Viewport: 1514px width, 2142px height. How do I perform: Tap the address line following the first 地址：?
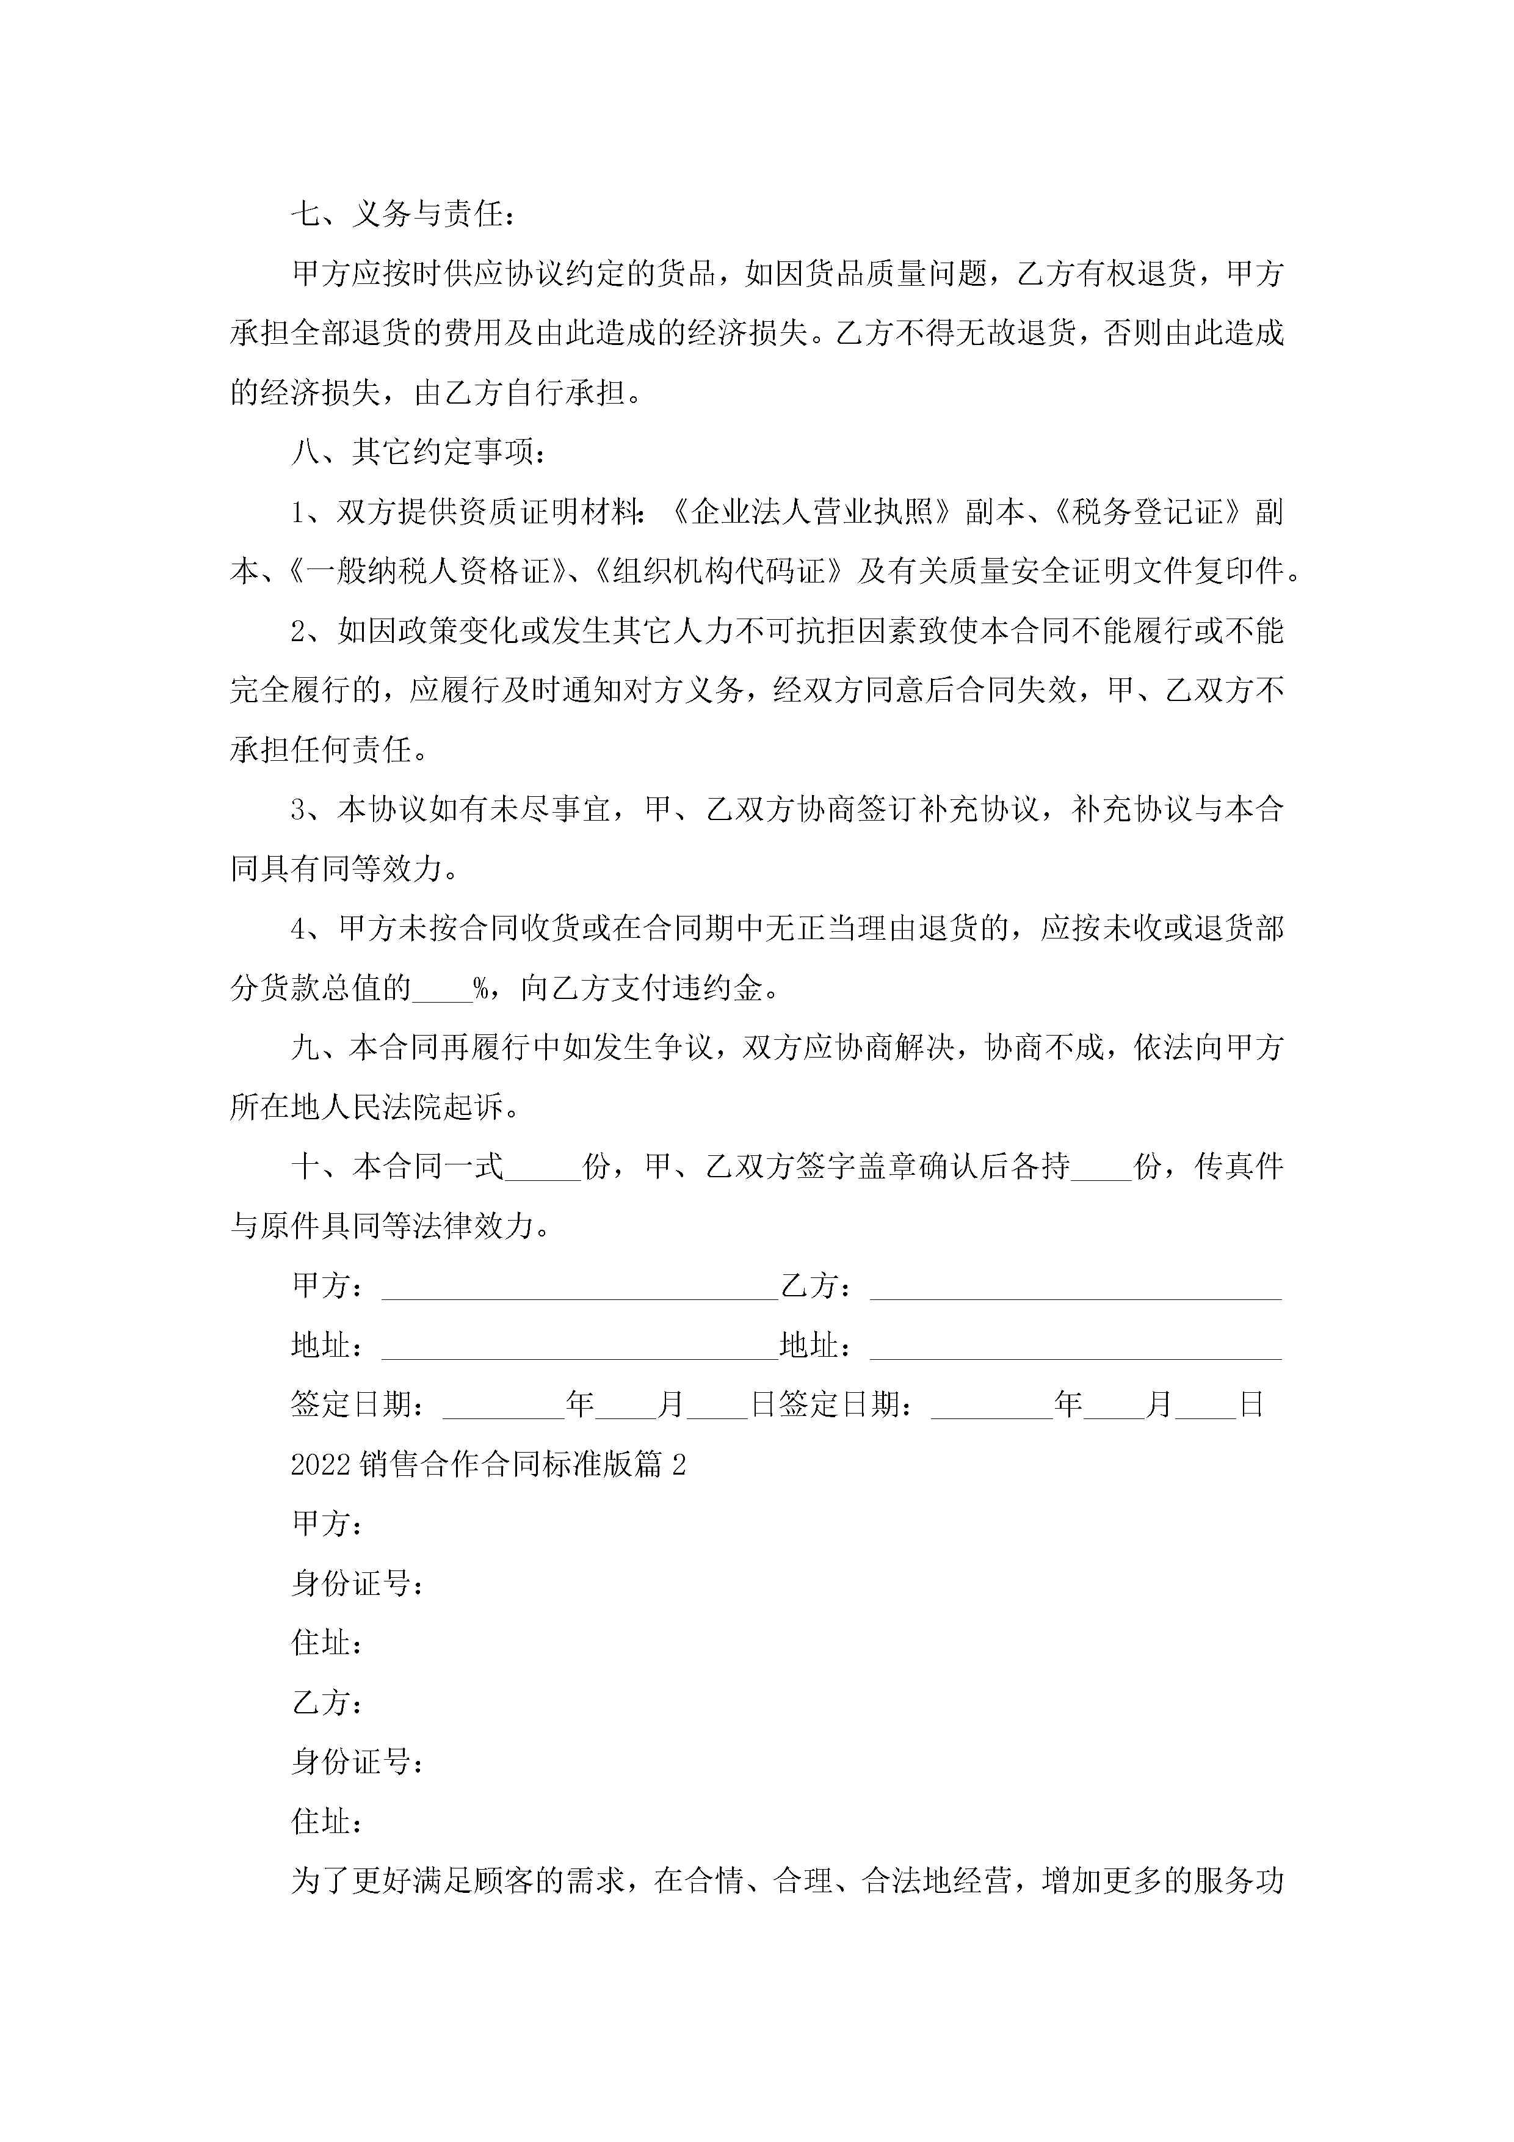coord(578,1346)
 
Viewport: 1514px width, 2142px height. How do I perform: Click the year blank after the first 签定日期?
coord(504,1405)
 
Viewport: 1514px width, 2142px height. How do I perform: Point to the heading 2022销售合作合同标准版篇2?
coord(488,1465)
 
